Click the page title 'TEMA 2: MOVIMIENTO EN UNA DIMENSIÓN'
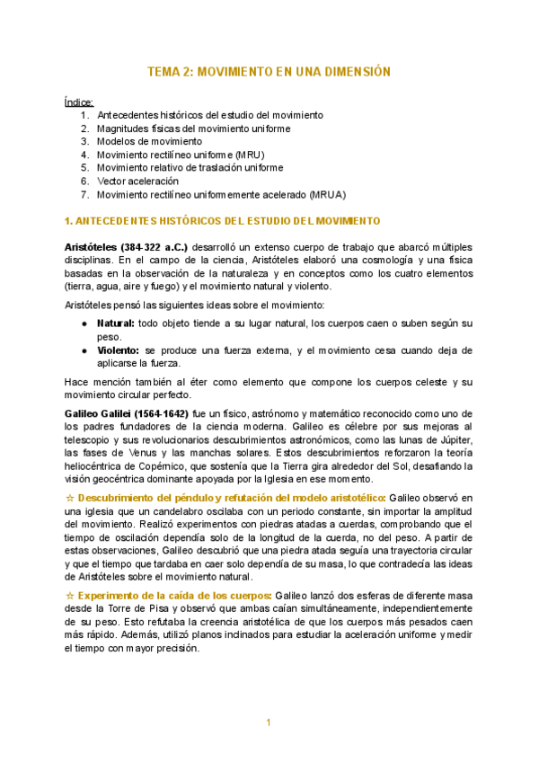point(269,72)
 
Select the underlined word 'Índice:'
point(79,102)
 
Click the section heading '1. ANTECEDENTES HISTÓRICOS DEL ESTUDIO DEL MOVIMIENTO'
point(224,221)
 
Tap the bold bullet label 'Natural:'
point(116,323)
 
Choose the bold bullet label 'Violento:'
point(118,350)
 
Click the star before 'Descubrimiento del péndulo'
point(70,498)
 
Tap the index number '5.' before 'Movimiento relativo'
point(84,167)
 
